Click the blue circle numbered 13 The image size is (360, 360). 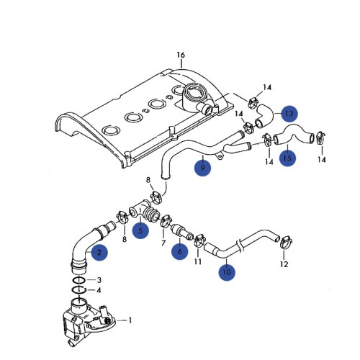pyautogui.click(x=288, y=114)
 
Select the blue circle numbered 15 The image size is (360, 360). pyautogui.click(x=287, y=158)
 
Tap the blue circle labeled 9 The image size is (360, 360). pyautogui.click(x=204, y=168)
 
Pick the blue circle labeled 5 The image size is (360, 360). pyautogui.click(x=141, y=230)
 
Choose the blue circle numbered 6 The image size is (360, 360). pyautogui.click(x=179, y=251)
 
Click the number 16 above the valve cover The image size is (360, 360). pyautogui.click(x=181, y=55)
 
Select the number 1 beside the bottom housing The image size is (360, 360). pyautogui.click(x=130, y=319)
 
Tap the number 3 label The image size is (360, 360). pyautogui.click(x=99, y=279)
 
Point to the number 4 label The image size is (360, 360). pyautogui.click(x=99, y=290)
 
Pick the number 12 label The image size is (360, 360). pyautogui.click(x=283, y=264)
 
